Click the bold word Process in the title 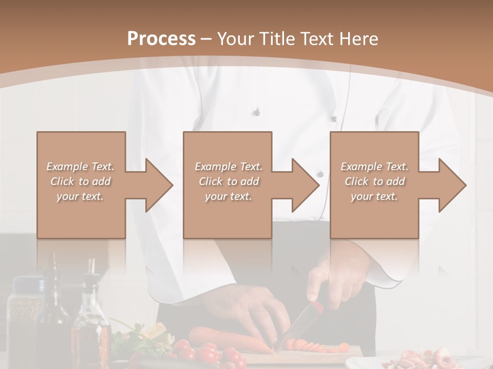pyautogui.click(x=161, y=38)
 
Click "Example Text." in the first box pyautogui.click(x=81, y=167)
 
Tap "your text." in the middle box pyautogui.click(x=229, y=196)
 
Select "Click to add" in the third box pyautogui.click(x=374, y=181)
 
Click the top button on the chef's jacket pyautogui.click(x=257, y=112)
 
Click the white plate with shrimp pyautogui.click(x=416, y=360)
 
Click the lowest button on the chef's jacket pyautogui.click(x=320, y=174)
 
